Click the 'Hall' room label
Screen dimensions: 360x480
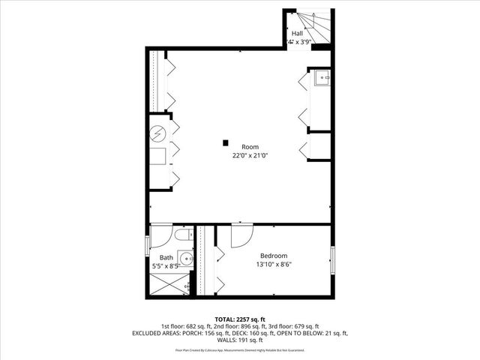pos(298,33)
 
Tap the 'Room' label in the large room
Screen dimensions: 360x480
pos(250,146)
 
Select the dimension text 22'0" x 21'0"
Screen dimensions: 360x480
pos(250,155)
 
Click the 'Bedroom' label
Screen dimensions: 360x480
pos(274,256)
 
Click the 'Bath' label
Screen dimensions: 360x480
pos(165,257)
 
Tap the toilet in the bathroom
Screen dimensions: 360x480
pos(182,236)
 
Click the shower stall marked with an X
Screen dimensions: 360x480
pos(168,285)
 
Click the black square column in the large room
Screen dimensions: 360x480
pos(224,142)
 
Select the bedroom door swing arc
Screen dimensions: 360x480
pos(241,235)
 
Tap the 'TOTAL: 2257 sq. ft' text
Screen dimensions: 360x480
pos(240,319)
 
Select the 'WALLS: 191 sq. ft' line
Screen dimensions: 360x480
pos(240,339)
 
